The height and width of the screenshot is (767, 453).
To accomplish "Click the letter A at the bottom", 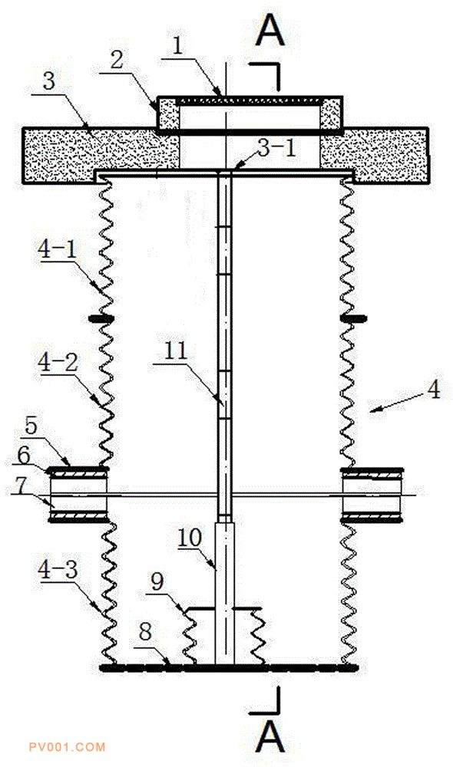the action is pyautogui.click(x=269, y=739).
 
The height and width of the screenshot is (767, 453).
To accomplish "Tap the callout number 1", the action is pyautogui.click(x=177, y=47).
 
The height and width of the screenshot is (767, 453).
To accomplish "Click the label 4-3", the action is pyautogui.click(x=58, y=571).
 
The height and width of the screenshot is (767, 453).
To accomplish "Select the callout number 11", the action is pyautogui.click(x=176, y=351).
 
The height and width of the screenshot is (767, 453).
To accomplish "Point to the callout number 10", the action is pyautogui.click(x=190, y=538).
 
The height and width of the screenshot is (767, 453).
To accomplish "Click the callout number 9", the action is pyautogui.click(x=157, y=583).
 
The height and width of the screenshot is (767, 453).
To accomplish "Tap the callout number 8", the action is pyautogui.click(x=145, y=632).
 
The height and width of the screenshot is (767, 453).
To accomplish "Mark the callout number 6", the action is pyautogui.click(x=24, y=456).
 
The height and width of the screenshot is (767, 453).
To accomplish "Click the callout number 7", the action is pyautogui.click(x=20, y=486).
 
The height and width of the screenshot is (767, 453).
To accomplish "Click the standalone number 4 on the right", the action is pyautogui.click(x=434, y=390).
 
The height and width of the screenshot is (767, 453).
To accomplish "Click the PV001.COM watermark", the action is pyautogui.click(x=67, y=747).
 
